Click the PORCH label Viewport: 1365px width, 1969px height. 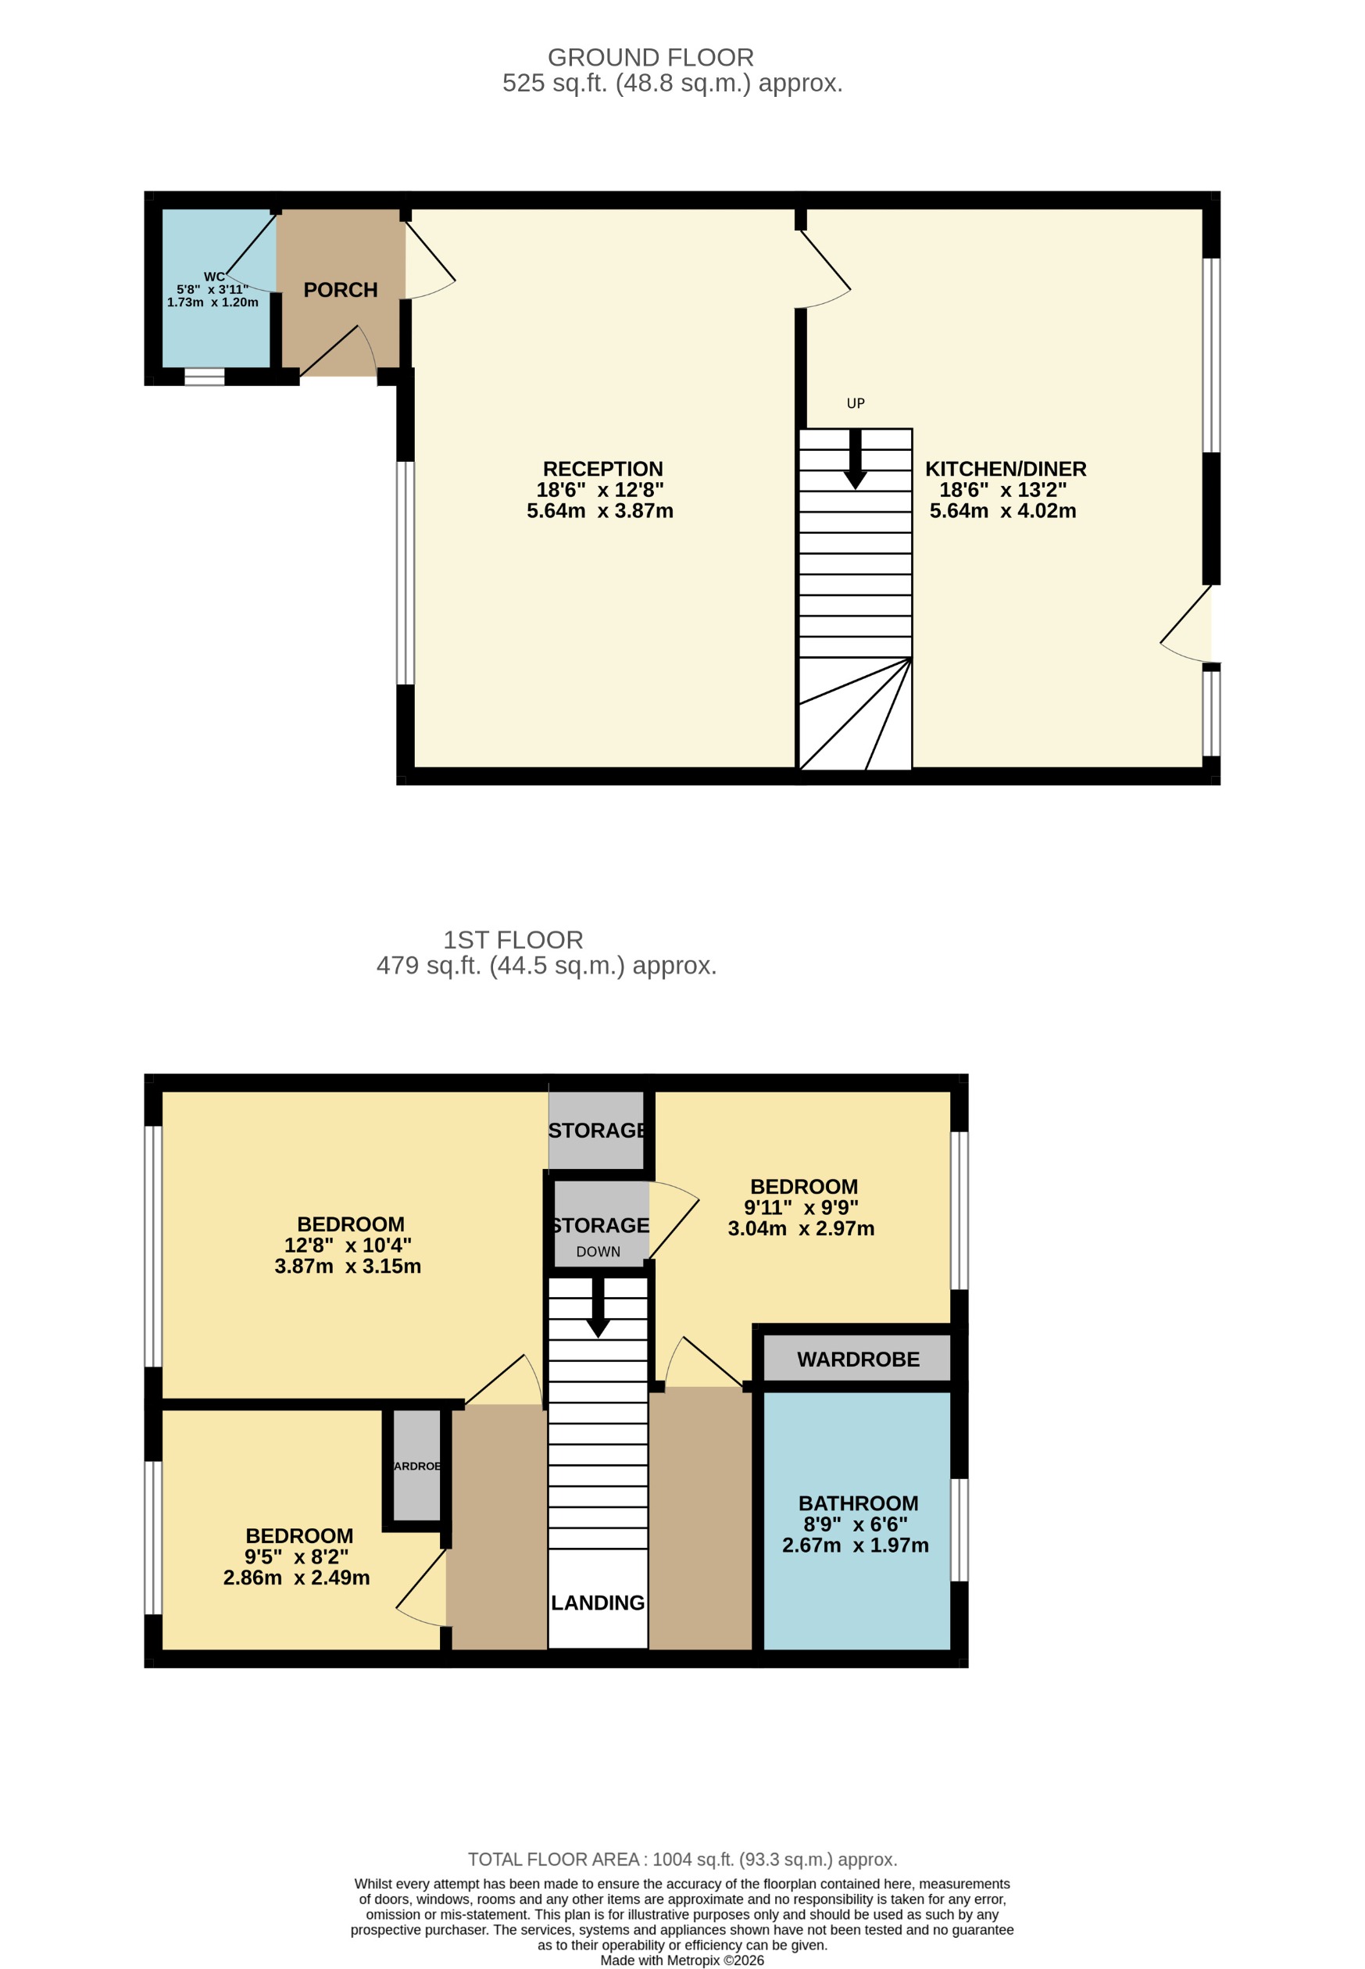pos(341,290)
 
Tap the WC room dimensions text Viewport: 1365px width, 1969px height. pos(213,296)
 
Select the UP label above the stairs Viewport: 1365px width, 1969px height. pos(856,403)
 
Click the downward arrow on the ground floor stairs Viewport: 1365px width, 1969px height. pos(856,462)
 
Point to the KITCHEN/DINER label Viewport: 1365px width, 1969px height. pos(1006,469)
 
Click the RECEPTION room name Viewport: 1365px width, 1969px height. pos(603,469)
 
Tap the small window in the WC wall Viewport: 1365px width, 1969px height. pos(205,377)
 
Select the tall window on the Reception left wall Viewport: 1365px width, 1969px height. pos(406,573)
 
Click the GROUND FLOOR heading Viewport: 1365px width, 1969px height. pos(651,57)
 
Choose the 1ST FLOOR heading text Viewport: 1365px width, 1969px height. pos(513,940)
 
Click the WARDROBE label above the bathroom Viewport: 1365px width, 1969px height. pos(858,1359)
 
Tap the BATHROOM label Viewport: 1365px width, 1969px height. pos(858,1503)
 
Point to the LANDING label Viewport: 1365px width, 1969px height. pos(598,1602)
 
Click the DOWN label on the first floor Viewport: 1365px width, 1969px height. pos(598,1252)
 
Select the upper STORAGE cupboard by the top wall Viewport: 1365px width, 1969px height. pos(596,1130)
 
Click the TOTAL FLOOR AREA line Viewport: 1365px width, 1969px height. pos(683,1859)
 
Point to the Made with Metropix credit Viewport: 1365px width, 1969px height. pos(683,1960)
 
